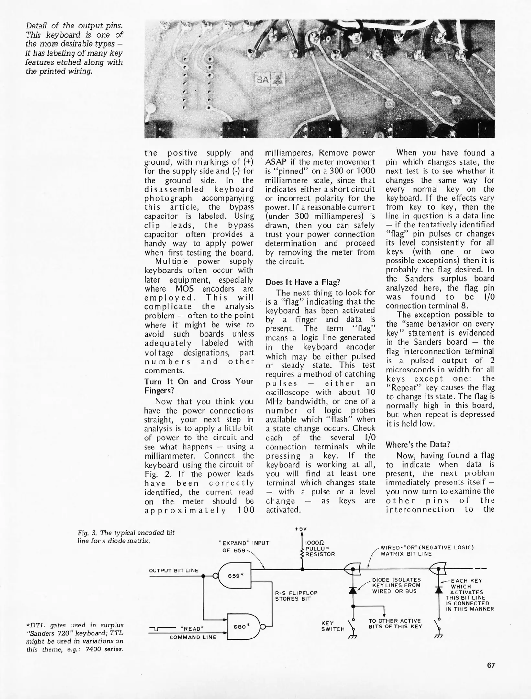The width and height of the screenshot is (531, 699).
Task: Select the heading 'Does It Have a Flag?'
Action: tap(303, 282)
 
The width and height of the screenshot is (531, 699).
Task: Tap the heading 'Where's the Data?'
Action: tap(418, 444)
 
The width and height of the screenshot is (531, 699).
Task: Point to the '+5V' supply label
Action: tap(301, 529)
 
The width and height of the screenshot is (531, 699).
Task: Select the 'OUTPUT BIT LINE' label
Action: tap(174, 571)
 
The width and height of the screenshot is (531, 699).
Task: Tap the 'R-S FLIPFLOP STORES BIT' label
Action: tap(296, 596)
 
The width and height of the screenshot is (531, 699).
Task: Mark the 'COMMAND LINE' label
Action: tap(193, 637)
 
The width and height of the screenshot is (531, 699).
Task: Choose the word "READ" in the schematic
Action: tap(193, 629)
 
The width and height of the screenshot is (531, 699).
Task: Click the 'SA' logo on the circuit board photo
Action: tap(263, 80)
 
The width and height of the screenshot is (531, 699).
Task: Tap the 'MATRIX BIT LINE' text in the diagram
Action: tap(406, 554)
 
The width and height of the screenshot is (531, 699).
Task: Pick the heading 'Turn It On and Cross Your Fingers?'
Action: tap(198, 386)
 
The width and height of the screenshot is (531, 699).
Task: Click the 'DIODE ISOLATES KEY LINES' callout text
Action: tap(396, 585)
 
